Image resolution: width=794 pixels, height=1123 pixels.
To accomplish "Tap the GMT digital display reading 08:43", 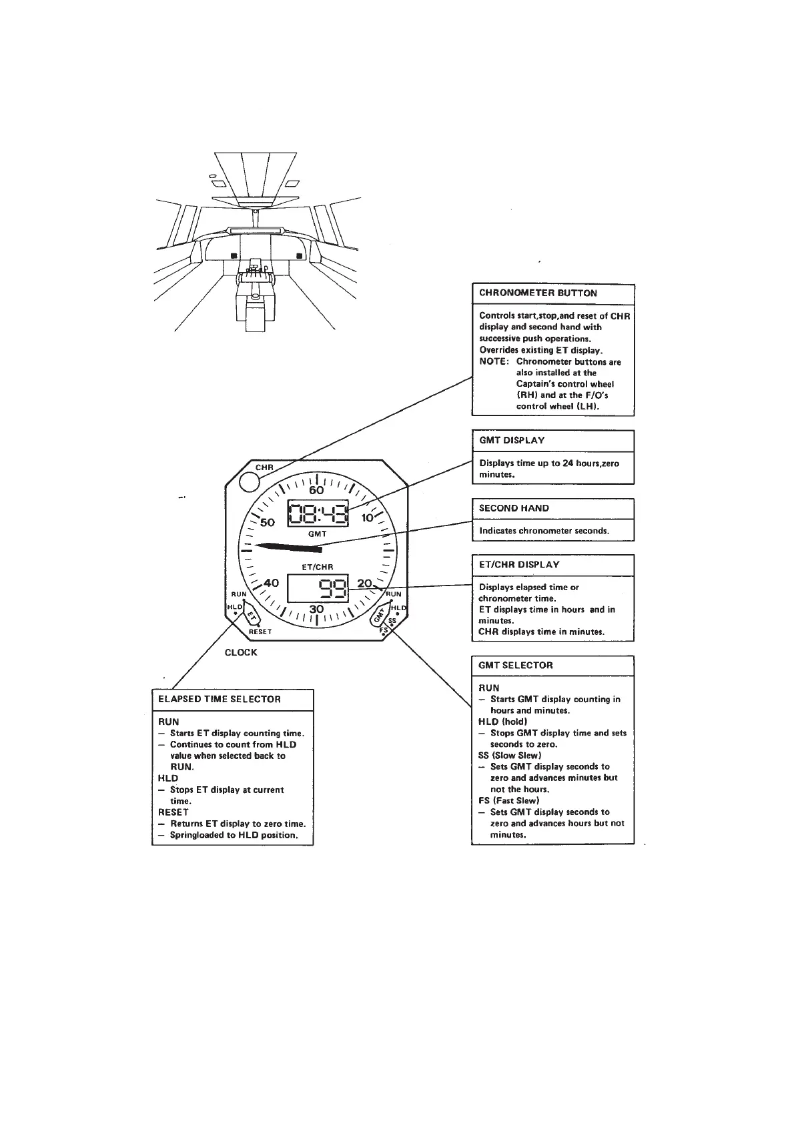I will click(x=318, y=514).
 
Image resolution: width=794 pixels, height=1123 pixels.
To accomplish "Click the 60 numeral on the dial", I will click(x=316, y=491).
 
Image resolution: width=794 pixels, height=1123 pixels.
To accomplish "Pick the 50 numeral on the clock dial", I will click(x=268, y=522).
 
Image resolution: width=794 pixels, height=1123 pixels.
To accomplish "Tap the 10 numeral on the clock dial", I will click(x=368, y=517).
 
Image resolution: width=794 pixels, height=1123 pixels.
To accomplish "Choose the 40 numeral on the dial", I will click(x=271, y=582).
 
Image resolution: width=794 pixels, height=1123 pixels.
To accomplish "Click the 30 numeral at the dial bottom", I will click(x=316, y=609).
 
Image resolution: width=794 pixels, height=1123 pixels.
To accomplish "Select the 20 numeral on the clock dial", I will click(x=364, y=583).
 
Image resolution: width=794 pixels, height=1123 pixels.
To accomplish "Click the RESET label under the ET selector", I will click(x=260, y=632).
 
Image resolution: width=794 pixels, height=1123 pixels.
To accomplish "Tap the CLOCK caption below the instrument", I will click(x=241, y=652).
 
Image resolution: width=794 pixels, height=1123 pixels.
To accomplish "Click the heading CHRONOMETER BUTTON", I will click(x=538, y=293).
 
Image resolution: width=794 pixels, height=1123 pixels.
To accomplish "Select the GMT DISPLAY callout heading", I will click(x=512, y=440).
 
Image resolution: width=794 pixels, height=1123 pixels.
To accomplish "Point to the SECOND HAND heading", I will click(x=514, y=508).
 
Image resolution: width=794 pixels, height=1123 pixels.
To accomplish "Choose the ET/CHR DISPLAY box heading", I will click(x=519, y=564).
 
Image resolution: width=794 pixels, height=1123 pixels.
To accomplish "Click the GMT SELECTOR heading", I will click(x=516, y=665).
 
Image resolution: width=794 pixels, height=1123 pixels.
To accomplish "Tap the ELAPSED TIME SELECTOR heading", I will click(x=220, y=699).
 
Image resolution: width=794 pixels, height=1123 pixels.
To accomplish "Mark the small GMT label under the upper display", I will click(x=318, y=534).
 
